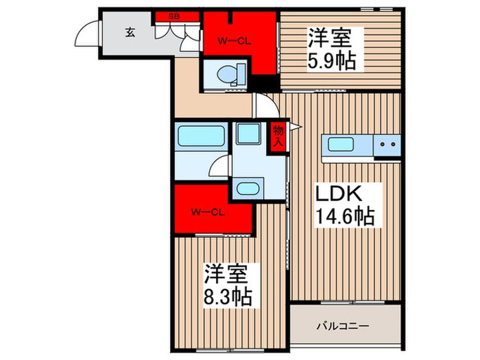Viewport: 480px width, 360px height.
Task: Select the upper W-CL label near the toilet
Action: [234, 40]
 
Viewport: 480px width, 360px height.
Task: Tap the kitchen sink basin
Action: [341, 145]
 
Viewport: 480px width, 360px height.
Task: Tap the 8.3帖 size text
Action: [227, 297]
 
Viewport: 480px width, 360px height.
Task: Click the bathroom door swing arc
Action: [219, 166]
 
